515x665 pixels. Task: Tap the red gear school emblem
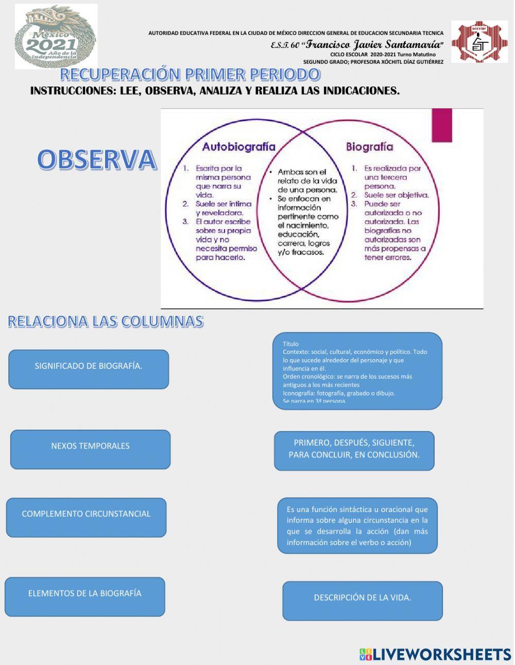479,42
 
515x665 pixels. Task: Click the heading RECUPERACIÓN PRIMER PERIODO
190,74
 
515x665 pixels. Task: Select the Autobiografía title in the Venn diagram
238,147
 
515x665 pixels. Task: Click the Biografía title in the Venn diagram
369,147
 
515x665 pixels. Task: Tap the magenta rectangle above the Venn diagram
442,125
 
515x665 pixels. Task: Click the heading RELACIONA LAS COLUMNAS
106,321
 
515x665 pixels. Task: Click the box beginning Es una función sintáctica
357,525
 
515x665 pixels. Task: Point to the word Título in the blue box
290,344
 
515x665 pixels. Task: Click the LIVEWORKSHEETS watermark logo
435,654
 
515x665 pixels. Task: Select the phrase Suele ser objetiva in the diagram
396,195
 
